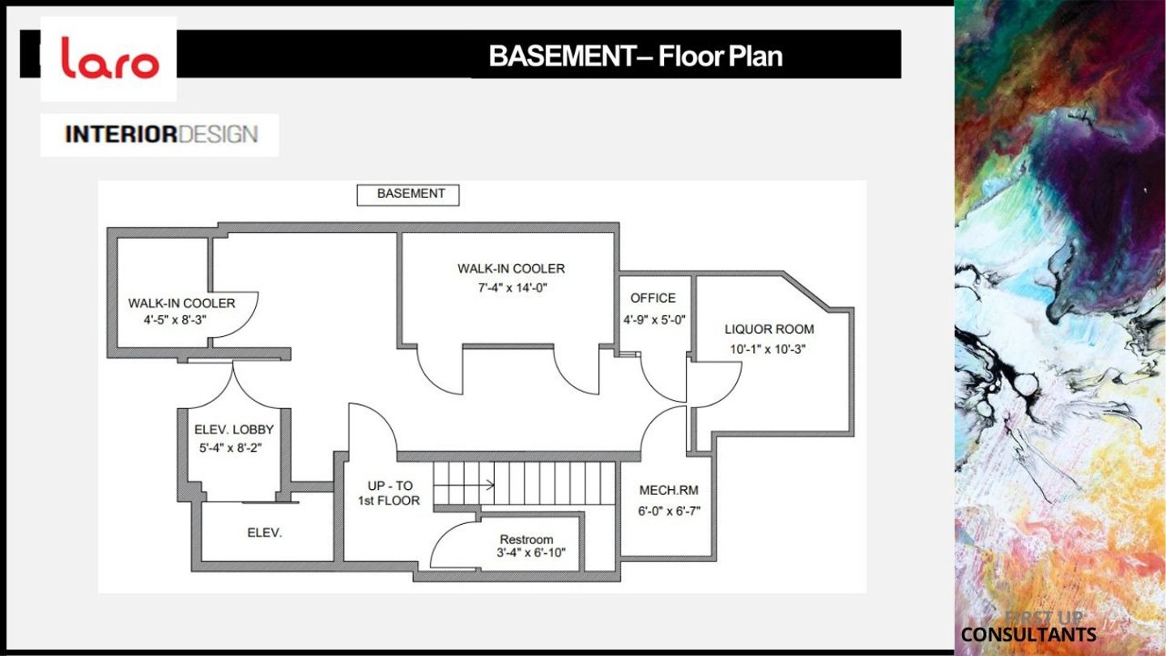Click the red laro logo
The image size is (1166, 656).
point(110,58)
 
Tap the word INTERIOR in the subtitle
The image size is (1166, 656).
point(121,134)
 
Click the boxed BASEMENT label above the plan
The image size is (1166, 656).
point(408,194)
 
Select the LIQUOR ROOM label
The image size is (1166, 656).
point(769,329)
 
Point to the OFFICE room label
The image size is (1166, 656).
point(653,298)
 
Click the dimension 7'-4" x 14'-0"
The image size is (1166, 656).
point(513,288)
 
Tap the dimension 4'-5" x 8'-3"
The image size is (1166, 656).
point(176,320)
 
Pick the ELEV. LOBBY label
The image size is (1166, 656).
point(234,429)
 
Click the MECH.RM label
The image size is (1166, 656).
point(669,490)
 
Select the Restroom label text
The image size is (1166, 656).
point(526,539)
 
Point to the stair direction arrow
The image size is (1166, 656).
point(464,485)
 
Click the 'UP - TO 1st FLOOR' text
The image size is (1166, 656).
point(389,493)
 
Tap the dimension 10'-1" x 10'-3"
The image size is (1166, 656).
point(768,349)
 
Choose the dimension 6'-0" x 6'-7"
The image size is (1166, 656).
point(670,511)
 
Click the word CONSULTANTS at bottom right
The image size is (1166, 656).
point(1028,635)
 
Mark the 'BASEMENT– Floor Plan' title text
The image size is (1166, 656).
point(636,56)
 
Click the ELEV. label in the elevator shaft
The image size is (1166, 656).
point(265,533)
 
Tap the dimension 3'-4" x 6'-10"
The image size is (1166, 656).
point(531,552)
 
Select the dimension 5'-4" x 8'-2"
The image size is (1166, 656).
point(230,448)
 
